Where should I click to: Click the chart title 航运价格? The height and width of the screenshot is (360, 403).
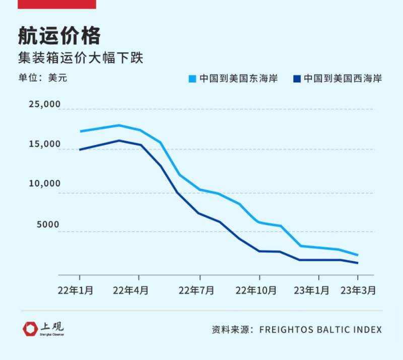[59, 36]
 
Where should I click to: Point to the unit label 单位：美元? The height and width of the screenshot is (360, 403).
[42, 78]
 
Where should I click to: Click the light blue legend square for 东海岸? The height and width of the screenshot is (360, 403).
[192, 79]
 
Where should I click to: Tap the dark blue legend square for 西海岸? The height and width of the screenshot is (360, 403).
[297, 79]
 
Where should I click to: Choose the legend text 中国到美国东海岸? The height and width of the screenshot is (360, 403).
[238, 79]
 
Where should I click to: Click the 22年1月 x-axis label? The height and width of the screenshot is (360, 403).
[79, 291]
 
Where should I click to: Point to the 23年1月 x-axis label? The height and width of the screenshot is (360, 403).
[318, 291]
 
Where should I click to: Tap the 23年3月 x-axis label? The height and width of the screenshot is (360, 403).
[358, 291]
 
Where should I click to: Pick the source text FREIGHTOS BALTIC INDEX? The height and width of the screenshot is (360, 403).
[320, 330]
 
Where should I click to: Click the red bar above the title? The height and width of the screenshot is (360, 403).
[56, 4]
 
